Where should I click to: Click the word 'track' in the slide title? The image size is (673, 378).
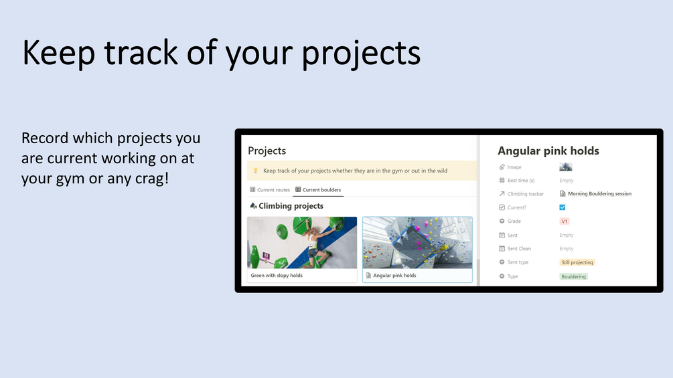coord(141,52)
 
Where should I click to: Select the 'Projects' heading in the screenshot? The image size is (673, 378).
coord(267,151)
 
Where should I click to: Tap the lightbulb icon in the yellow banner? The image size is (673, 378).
coord(255,171)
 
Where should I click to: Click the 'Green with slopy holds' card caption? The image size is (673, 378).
coord(277,276)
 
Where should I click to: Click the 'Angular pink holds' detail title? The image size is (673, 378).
coord(548,151)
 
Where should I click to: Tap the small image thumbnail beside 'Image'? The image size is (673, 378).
coord(565,167)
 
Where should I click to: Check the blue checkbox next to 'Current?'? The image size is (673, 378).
coord(563,207)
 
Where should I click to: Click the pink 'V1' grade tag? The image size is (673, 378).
coord(565,221)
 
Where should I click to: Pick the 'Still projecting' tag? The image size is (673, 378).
coord(577,262)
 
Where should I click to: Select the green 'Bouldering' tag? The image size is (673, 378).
coord(573,276)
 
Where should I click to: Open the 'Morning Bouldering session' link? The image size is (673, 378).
coord(599,194)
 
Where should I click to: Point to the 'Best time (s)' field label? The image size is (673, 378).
coord(520,181)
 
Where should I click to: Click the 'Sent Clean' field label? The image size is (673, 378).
coord(519,249)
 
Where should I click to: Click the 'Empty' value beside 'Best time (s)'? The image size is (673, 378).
coord(566,181)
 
